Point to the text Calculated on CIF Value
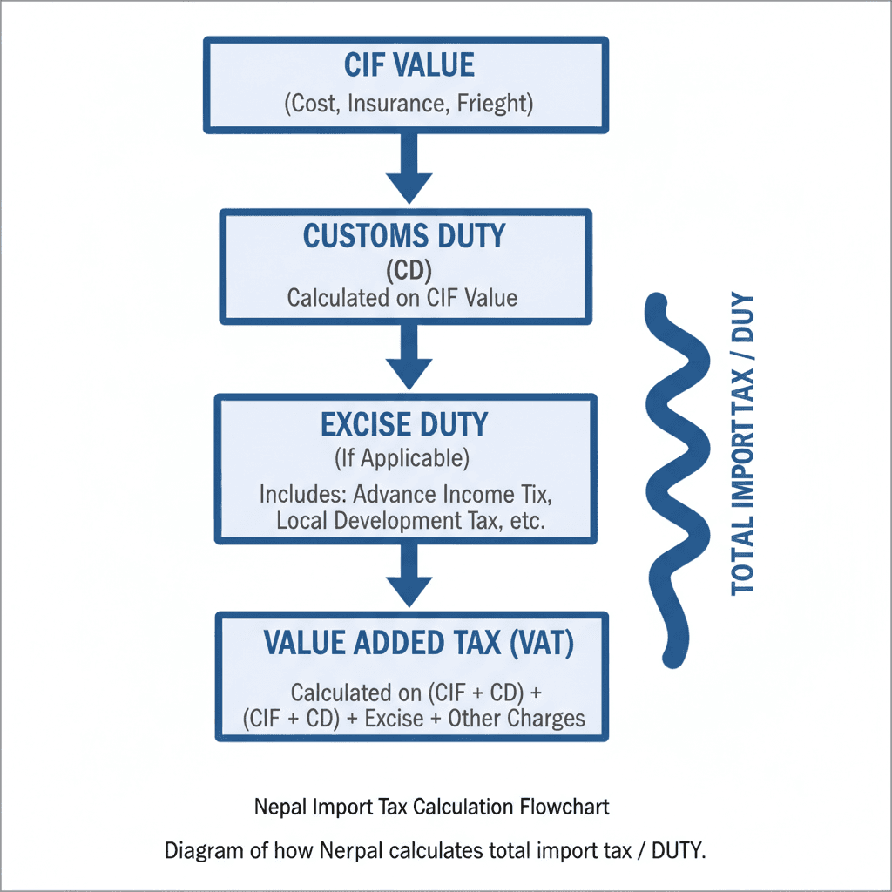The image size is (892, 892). coord(402,298)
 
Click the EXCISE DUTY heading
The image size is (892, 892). coord(404,424)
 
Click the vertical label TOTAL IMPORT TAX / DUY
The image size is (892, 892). coord(743,444)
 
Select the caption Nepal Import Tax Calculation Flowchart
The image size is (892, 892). coord(432,807)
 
